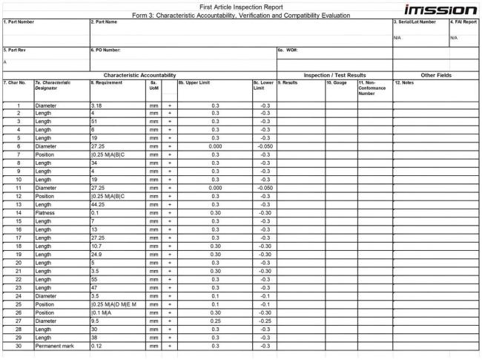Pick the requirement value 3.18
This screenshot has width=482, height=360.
point(96,106)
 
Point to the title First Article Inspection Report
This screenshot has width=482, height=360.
point(240,6)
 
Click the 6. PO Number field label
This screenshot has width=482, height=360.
point(105,50)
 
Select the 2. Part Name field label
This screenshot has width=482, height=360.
point(105,22)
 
